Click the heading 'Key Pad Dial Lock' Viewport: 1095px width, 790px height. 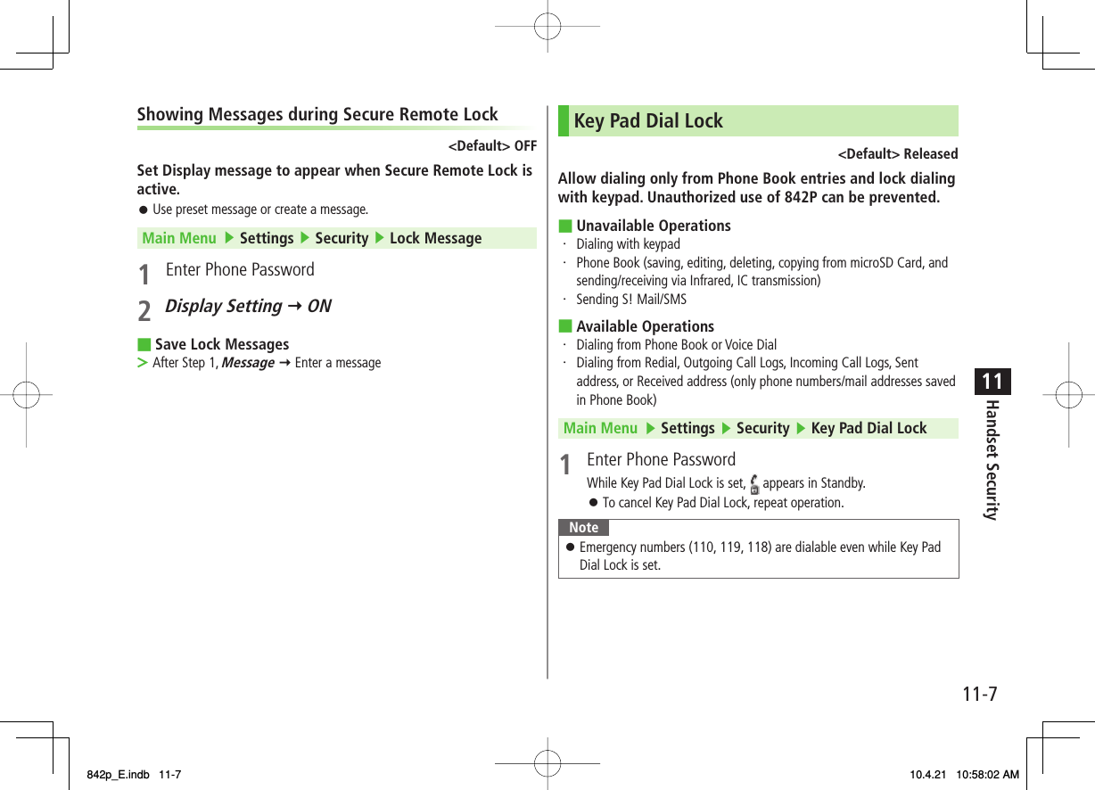click(648, 121)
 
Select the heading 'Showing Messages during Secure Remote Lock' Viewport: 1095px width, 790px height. click(317, 115)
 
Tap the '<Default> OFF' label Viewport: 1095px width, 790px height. click(491, 146)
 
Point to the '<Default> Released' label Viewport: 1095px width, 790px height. click(897, 154)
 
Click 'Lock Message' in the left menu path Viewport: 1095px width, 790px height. click(435, 239)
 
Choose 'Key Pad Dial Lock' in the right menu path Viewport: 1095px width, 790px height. click(869, 429)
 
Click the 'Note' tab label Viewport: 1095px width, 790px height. click(584, 528)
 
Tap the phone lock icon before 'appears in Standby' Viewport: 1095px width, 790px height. click(754, 485)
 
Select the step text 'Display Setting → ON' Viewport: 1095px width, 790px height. click(248, 307)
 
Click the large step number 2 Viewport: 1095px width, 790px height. click(144, 310)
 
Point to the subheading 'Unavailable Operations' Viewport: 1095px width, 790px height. click(653, 226)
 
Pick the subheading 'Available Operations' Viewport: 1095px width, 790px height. click(645, 327)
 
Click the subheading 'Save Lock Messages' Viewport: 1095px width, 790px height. click(222, 345)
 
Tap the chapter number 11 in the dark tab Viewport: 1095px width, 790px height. click(992, 383)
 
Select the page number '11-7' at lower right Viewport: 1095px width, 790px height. click(980, 694)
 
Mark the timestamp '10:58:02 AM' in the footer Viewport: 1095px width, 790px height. click(985, 775)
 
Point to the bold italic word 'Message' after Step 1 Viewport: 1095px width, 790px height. click(247, 363)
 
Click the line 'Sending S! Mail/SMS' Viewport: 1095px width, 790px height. click(631, 300)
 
